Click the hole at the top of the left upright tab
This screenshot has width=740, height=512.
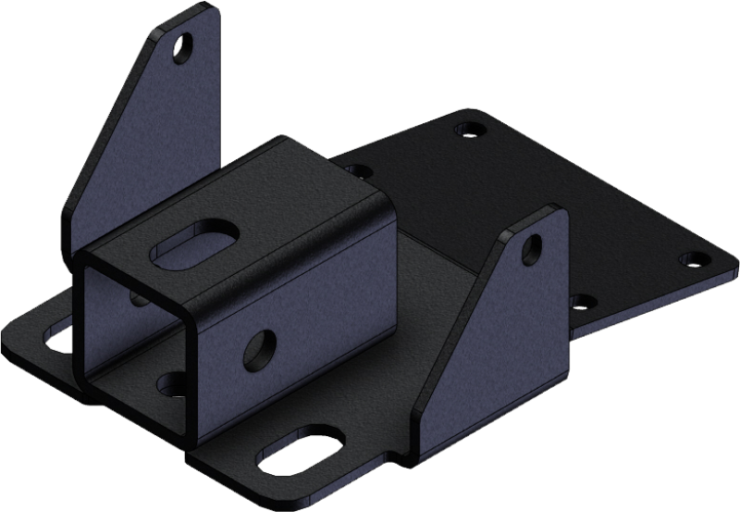(188, 44)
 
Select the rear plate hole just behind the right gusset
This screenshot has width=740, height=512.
(580, 300)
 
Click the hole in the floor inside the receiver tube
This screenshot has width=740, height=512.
(174, 380)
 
